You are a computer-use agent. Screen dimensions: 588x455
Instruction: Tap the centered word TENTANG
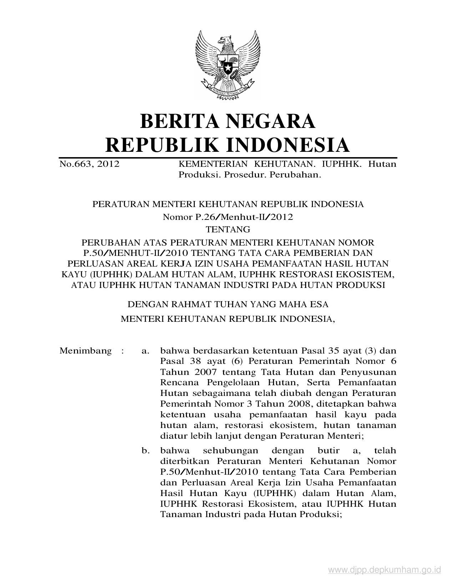(x=228, y=229)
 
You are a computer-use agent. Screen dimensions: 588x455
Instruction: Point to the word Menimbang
(x=85, y=351)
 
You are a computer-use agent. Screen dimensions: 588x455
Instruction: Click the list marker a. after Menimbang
(x=145, y=351)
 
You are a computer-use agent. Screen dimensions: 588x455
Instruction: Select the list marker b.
(x=145, y=451)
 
